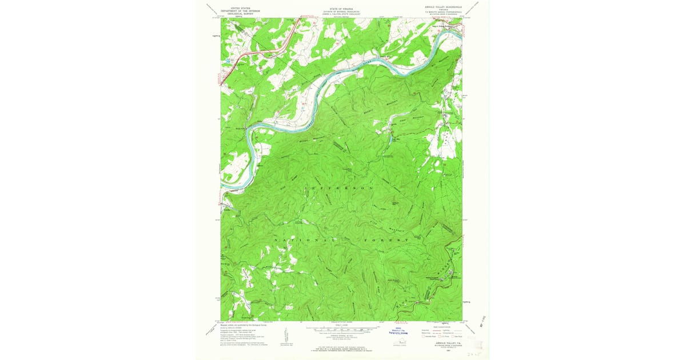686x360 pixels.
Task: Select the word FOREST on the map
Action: click(389, 241)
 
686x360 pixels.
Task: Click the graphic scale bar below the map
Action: click(341, 329)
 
